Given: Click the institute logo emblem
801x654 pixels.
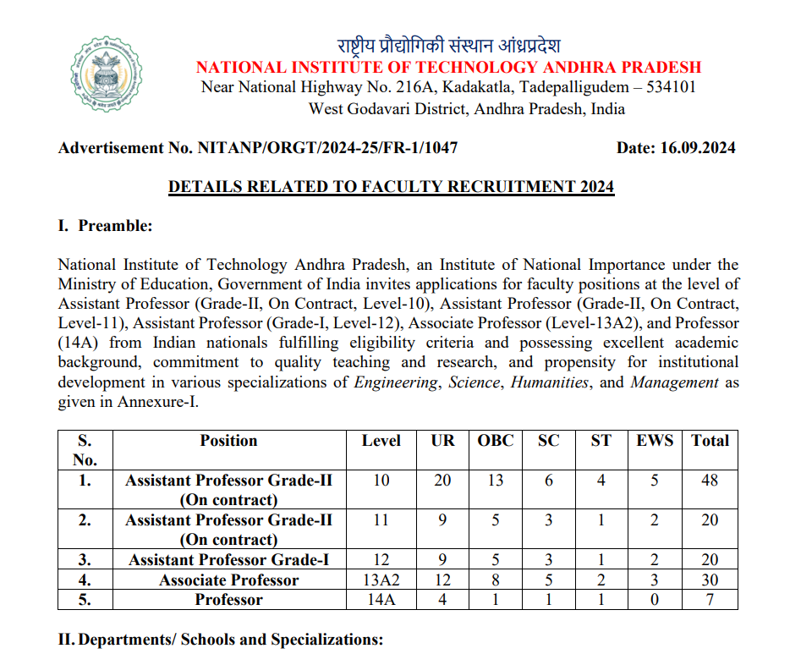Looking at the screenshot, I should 107,75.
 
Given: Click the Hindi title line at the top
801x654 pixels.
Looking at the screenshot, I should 448,46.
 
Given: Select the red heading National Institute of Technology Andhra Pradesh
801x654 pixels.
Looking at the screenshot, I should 448,68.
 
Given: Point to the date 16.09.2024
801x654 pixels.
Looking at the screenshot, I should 700,148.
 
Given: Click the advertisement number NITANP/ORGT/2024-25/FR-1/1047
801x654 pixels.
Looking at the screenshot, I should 327,148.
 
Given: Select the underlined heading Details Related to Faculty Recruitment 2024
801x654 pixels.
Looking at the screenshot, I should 391,187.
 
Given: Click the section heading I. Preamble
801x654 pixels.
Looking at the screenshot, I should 105,226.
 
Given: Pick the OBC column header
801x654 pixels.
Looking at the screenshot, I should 495,441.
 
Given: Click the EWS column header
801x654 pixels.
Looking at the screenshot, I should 655,441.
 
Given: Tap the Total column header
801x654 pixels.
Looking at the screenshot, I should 710,441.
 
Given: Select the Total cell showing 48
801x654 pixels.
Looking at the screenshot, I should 710,481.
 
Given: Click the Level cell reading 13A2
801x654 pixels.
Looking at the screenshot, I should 381,580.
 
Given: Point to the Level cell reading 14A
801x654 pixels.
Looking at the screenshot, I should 381,600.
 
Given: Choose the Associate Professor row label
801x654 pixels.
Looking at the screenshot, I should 228,580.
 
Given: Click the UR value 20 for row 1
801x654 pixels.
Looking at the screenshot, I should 442,481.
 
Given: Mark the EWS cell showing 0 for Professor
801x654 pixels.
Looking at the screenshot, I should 655,600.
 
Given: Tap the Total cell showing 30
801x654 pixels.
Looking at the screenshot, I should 710,580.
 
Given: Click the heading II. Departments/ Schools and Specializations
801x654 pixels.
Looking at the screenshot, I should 221,640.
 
